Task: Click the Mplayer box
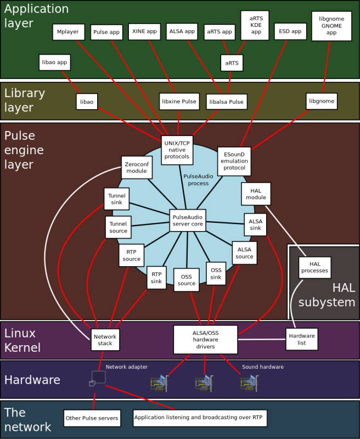pos(69,32)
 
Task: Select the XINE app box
pos(144,32)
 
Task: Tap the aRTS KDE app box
pos(255,25)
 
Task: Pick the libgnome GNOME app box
pos(331,26)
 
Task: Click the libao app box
pos(54,63)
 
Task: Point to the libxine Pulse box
pos(179,102)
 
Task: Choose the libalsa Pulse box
pos(227,102)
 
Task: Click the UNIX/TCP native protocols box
pos(177,150)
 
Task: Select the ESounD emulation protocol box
pos(234,161)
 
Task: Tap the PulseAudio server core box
pos(188,221)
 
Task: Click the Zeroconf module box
pos(137,167)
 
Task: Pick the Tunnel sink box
pos(117,199)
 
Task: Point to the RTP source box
pos(132,255)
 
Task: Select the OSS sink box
pos(216,273)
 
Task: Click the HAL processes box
pos(314,267)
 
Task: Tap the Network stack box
pos(105,340)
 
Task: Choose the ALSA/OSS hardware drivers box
pos(205,340)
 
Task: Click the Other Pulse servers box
pos(92,418)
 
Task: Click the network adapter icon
pos(98,379)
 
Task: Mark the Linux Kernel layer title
pos(22,340)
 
